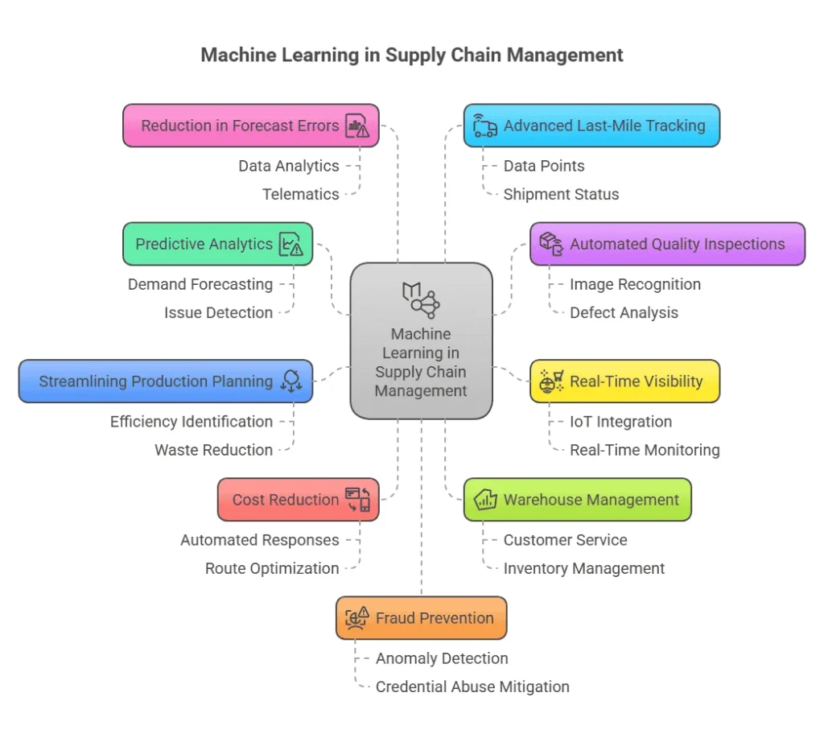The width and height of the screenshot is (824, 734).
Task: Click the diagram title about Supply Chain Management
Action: pos(411,55)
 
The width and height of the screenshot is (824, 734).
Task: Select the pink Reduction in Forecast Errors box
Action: pos(250,126)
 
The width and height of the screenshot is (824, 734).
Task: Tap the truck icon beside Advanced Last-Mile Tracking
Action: pos(484,126)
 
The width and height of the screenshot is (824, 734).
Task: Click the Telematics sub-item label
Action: pos(300,194)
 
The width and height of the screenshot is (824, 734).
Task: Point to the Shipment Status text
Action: pos(561,194)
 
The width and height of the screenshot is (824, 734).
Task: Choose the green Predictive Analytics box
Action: pos(217,244)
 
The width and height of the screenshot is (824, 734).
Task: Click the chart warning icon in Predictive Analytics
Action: pos(290,245)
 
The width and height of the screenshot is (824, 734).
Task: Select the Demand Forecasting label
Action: pos(200,284)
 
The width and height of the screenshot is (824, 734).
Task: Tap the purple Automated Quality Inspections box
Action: pos(667,244)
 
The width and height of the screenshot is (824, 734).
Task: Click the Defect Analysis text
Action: pos(624,312)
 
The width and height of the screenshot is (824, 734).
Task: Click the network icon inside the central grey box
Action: pos(421,299)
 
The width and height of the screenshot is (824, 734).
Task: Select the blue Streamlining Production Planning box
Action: pos(165,381)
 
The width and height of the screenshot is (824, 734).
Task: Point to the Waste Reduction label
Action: pos(213,450)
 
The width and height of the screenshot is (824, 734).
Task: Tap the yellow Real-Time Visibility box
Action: pos(624,381)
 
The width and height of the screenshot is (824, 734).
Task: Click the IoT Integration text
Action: pos(620,422)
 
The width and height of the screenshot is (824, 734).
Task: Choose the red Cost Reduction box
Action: pos(298,500)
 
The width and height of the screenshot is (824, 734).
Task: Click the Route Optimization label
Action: pos(272,568)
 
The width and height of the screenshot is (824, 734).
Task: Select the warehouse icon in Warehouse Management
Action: pos(485,500)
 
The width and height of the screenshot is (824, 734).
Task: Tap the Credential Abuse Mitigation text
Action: pos(472,687)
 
